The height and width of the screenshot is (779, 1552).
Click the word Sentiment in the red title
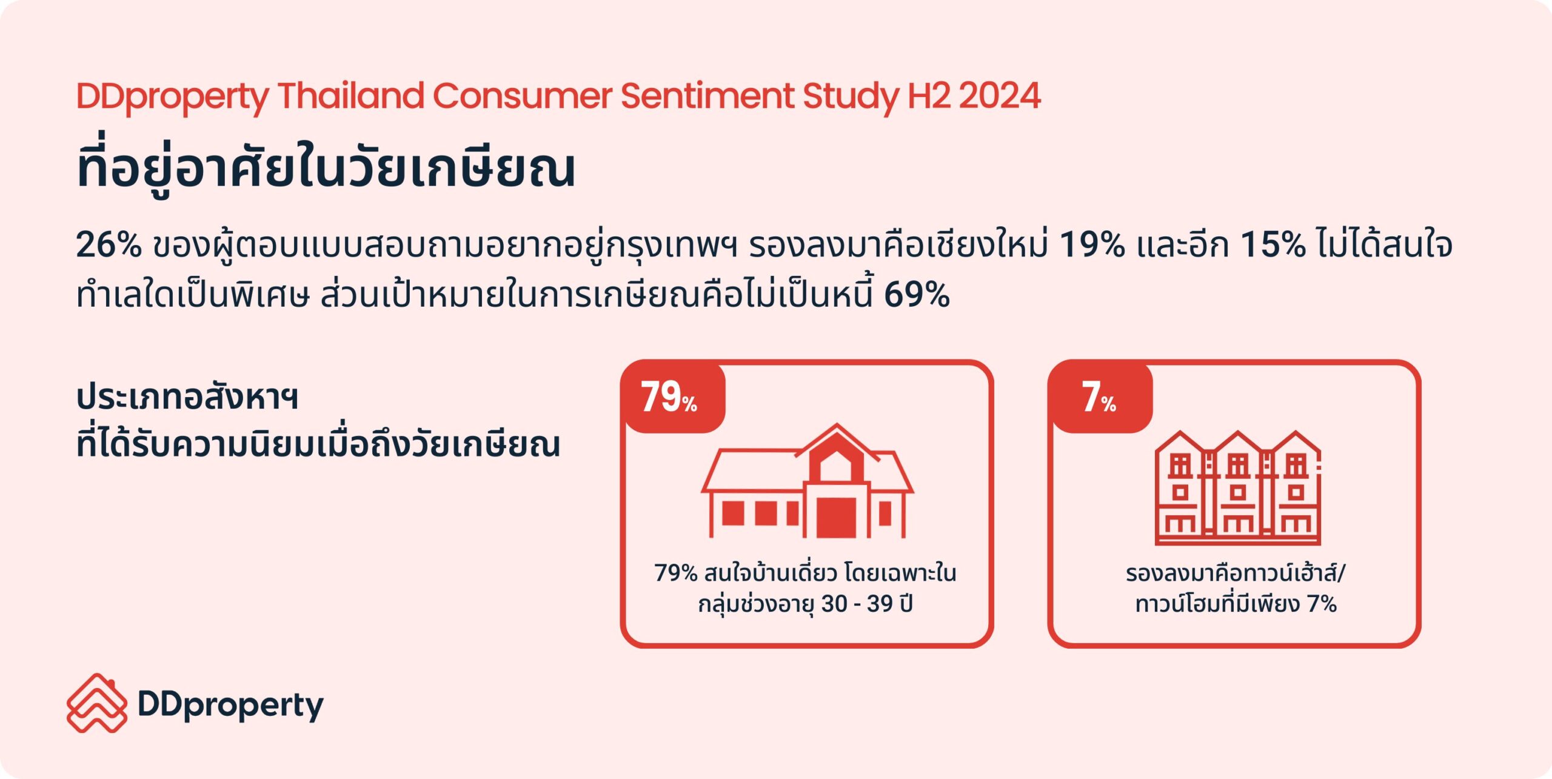[x=707, y=96]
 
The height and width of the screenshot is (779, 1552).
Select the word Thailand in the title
[x=350, y=96]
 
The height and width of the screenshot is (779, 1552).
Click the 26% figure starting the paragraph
[x=108, y=245]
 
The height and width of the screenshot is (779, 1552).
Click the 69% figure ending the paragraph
[x=917, y=295]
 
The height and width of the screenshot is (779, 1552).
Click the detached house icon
[x=807, y=480]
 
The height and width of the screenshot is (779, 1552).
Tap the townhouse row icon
[x=1237, y=487]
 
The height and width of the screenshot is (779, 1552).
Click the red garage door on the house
[x=836, y=517]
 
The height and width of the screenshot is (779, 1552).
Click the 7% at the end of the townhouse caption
[x=1322, y=604]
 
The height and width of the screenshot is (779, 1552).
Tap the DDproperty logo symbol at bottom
[x=97, y=703]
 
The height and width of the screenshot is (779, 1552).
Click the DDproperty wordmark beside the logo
[x=231, y=706]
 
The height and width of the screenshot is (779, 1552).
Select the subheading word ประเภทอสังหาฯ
[x=187, y=398]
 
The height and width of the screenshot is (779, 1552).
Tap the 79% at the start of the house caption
[x=676, y=573]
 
